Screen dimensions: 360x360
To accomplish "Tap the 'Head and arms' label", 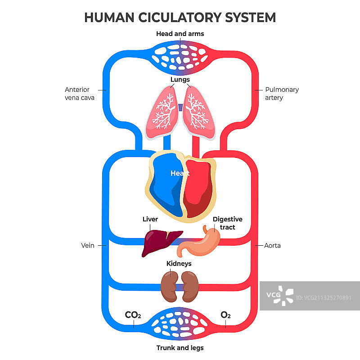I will coord(180,34).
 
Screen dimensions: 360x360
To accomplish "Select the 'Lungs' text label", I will coord(180,80).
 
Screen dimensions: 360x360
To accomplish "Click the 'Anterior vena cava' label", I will coord(79,94).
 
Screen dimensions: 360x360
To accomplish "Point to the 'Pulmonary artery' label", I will coord(282,94).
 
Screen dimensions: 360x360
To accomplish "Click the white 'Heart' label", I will coord(180,173).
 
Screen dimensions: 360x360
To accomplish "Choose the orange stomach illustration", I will coord(202,243).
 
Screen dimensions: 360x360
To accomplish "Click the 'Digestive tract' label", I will coord(227,223).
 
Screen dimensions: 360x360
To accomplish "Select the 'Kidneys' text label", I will coord(179,264).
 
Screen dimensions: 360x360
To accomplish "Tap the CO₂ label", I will coord(133,315).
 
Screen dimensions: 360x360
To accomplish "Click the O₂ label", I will coord(225,315).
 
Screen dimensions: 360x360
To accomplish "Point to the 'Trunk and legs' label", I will coord(180,348).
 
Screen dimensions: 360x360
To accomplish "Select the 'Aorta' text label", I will coord(272,246).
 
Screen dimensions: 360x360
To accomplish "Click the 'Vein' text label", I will coord(87,246).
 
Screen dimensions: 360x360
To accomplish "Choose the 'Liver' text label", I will coord(150,220).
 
